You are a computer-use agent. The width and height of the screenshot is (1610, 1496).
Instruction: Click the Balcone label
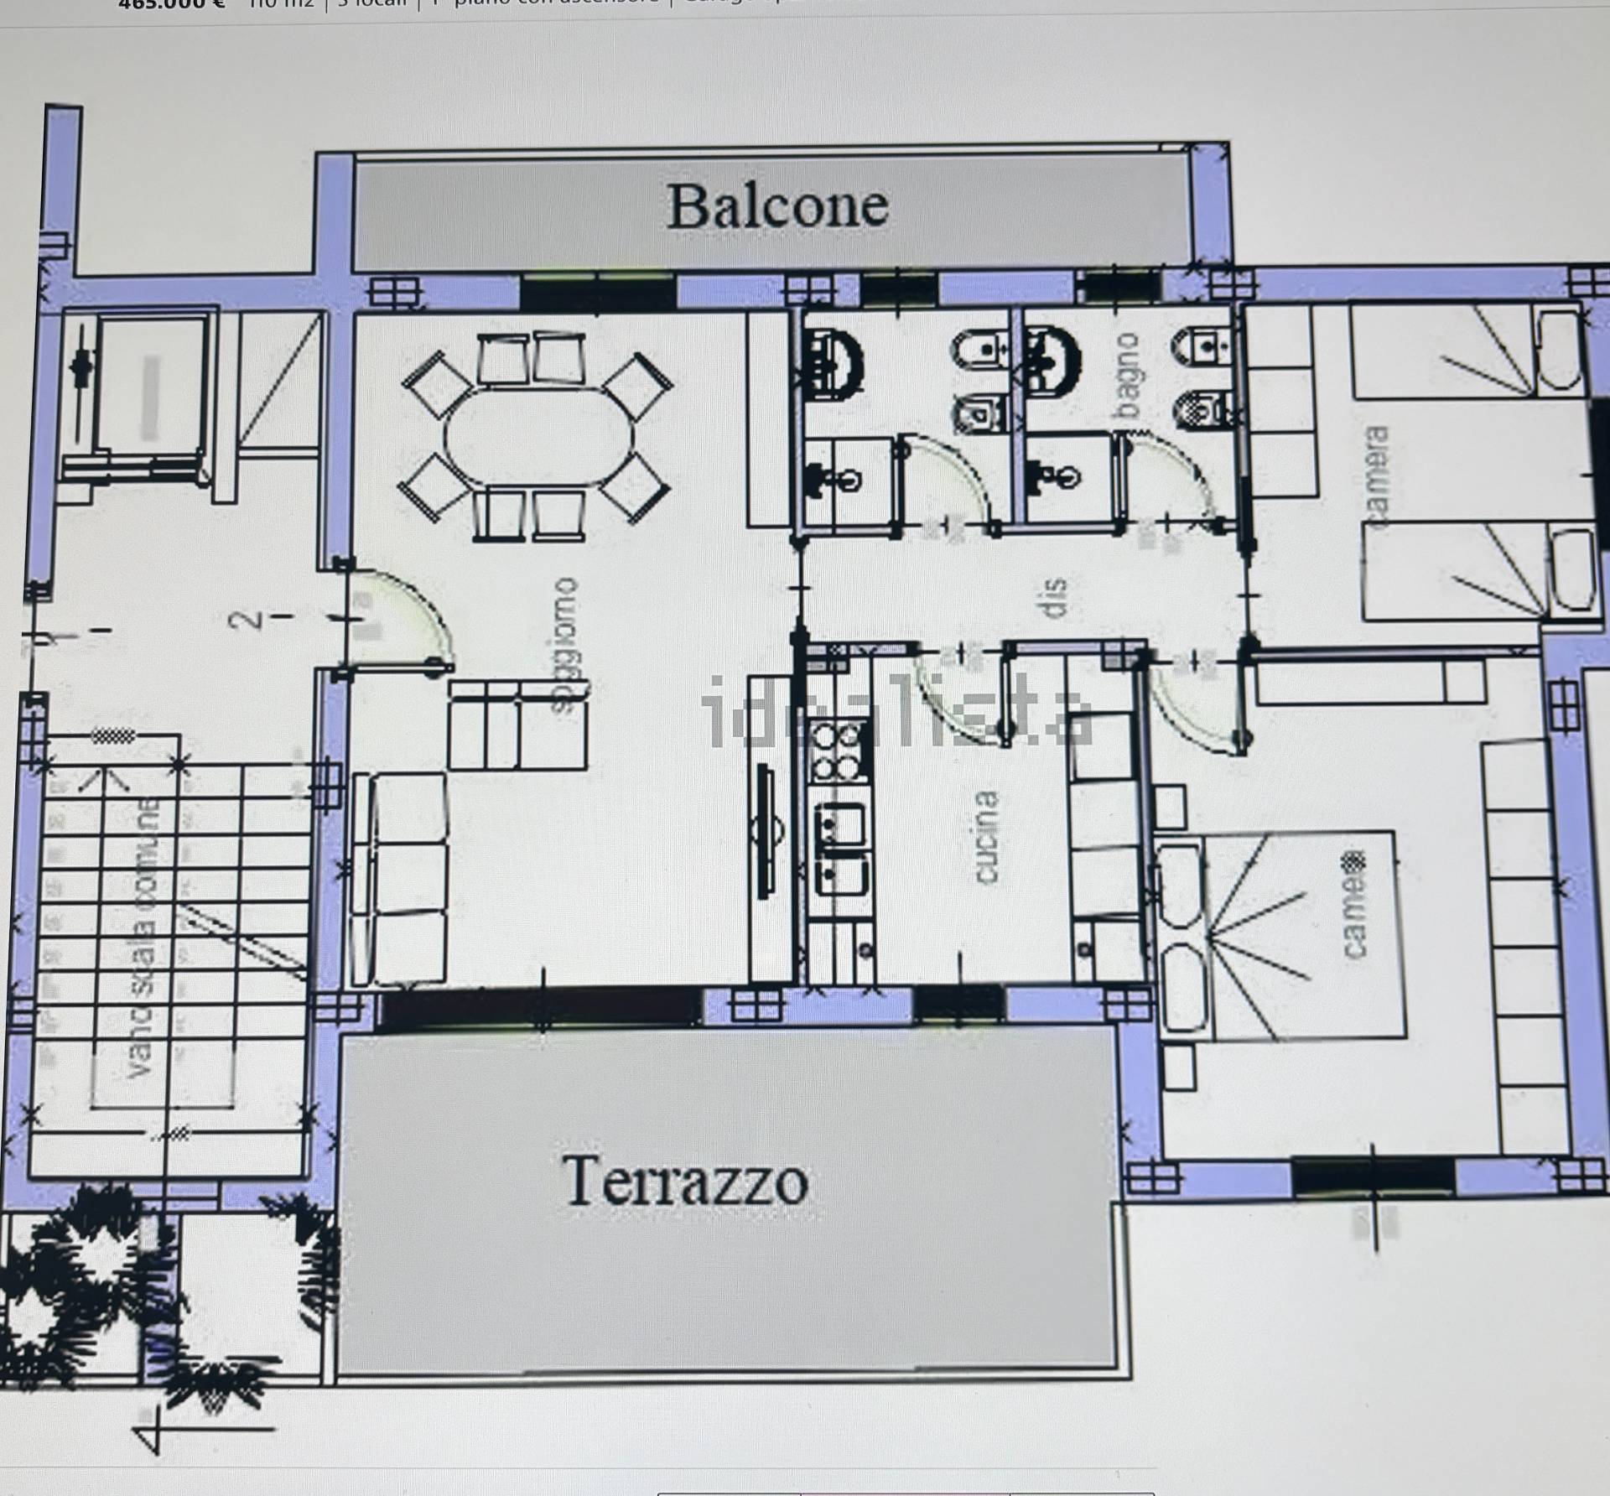[777, 207]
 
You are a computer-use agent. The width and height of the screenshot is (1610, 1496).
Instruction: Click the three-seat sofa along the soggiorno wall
[399, 878]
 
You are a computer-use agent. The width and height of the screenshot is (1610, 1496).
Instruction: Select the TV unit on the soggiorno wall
[766, 830]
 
